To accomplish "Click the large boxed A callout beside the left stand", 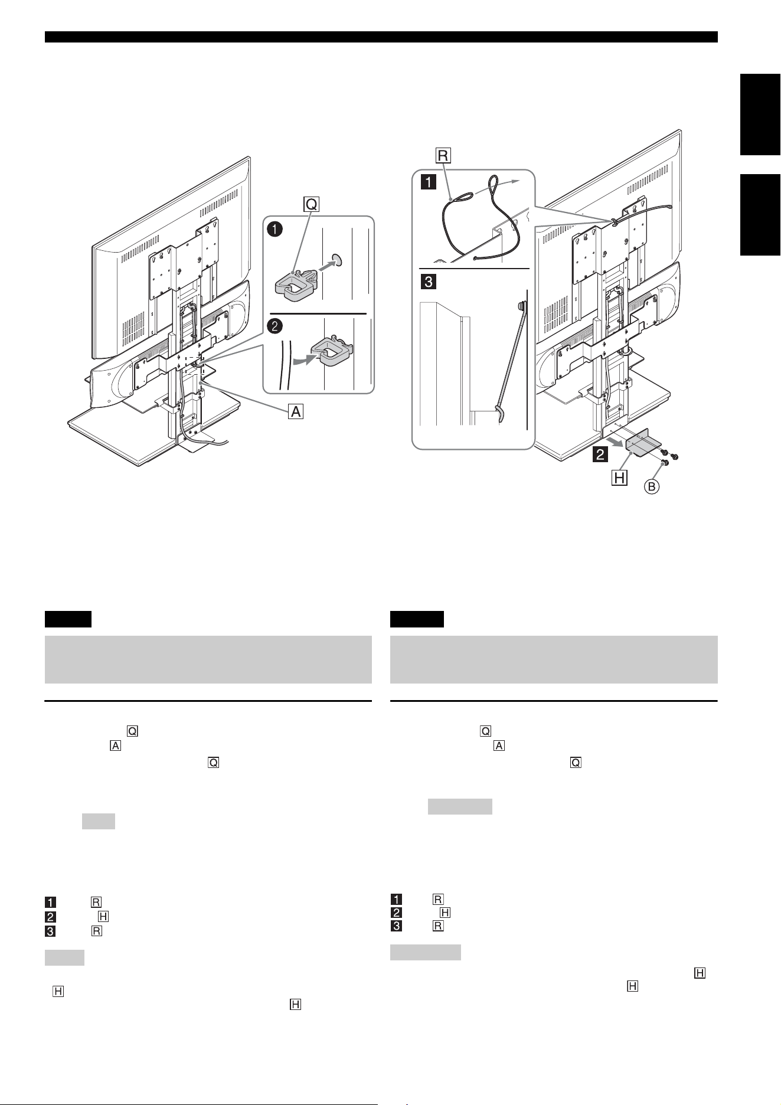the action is click(x=295, y=411).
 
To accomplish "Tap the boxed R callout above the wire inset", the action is click(x=443, y=155).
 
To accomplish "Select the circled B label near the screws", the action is click(x=652, y=486).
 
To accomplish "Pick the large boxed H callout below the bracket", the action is click(x=619, y=477).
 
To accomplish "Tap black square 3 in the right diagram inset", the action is click(x=427, y=282).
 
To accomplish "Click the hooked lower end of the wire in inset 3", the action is click(x=499, y=413).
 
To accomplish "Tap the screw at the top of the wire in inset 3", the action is click(x=521, y=306).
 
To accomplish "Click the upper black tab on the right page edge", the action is click(x=760, y=115).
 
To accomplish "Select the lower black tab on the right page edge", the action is click(x=760, y=215).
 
